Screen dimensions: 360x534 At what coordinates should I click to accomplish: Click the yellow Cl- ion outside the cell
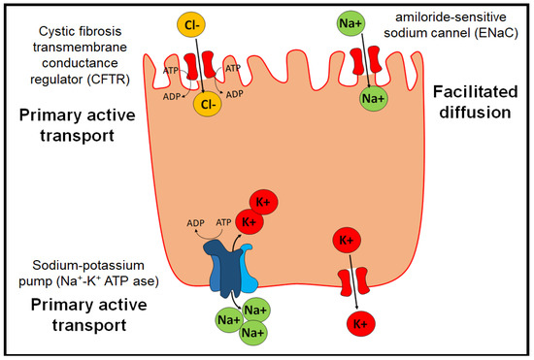pos(192,23)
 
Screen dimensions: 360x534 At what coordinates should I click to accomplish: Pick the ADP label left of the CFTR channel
pos(174,96)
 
